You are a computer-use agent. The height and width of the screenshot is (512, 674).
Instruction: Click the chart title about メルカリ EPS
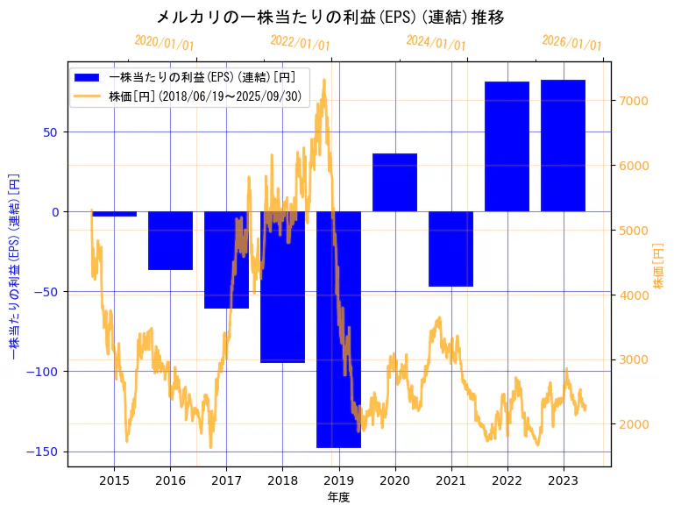[x=330, y=18]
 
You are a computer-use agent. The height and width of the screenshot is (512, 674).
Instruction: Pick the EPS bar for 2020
[x=394, y=182]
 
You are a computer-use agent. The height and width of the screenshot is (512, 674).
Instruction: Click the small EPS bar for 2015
[x=114, y=214]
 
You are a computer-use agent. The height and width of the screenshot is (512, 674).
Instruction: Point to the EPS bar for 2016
[x=170, y=240]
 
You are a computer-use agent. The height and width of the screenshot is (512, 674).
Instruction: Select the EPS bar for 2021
[x=451, y=249]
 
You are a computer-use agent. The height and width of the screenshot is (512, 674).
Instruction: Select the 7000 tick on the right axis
[x=633, y=101]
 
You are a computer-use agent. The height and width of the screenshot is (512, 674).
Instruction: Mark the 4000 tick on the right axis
[x=633, y=295]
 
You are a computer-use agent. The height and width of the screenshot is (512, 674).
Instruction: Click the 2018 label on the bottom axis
[x=282, y=480]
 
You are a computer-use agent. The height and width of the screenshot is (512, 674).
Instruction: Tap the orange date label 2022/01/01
[x=300, y=43]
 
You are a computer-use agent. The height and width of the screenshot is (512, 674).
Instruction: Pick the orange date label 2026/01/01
[x=571, y=43]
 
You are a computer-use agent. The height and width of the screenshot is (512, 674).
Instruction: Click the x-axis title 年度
[x=338, y=497]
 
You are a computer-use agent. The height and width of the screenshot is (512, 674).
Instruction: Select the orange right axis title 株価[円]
[x=659, y=267]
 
